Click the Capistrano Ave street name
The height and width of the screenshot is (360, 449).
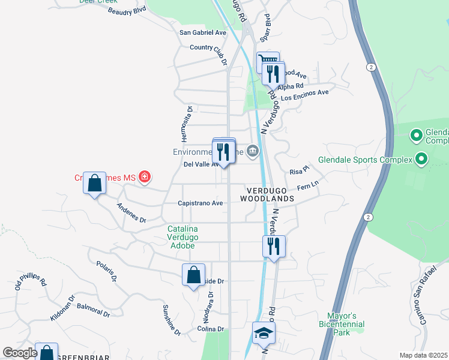(200, 203)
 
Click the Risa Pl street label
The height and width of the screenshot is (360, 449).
(298, 170)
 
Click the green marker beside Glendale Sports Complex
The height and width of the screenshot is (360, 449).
(421, 160)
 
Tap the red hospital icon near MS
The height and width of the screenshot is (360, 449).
(144, 176)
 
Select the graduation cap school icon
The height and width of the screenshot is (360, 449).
(264, 332)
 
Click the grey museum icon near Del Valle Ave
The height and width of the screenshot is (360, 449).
(253, 150)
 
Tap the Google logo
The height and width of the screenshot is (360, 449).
(20, 353)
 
